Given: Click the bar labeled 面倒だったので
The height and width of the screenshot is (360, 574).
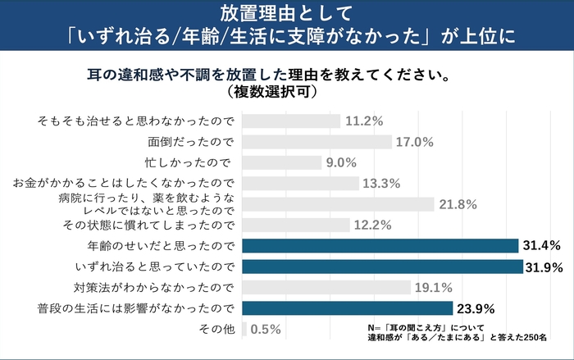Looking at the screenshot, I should point(317,142).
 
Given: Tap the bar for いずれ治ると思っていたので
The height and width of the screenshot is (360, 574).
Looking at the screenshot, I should point(382,267).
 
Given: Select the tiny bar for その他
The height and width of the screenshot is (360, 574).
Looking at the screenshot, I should point(244,329).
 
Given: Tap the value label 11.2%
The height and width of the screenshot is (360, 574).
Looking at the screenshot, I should point(365,121).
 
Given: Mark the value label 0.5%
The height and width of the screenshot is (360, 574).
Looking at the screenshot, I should point(266,329).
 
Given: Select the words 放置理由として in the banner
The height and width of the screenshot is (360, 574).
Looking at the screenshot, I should point(287,13).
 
